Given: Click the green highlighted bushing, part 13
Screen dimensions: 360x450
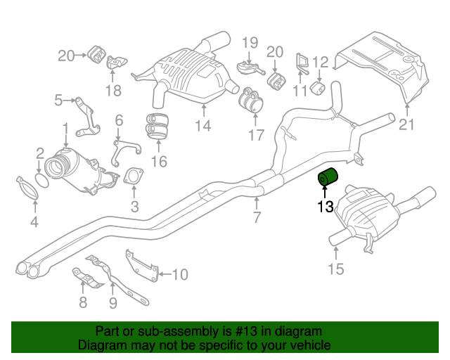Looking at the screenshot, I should (x=328, y=181).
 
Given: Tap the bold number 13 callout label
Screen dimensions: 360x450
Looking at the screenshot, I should (x=324, y=207).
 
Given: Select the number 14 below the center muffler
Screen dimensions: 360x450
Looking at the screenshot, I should (x=203, y=126).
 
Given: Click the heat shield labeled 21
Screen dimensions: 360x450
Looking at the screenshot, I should (x=383, y=67).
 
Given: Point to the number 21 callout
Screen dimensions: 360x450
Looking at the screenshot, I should (x=407, y=125).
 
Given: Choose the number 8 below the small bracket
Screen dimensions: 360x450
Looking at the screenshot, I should (x=83, y=303).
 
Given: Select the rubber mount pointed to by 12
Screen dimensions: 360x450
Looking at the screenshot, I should (x=316, y=89).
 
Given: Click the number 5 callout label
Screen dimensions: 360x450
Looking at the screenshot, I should (x=58, y=101).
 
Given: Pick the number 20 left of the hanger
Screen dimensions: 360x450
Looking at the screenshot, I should (x=66, y=55).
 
